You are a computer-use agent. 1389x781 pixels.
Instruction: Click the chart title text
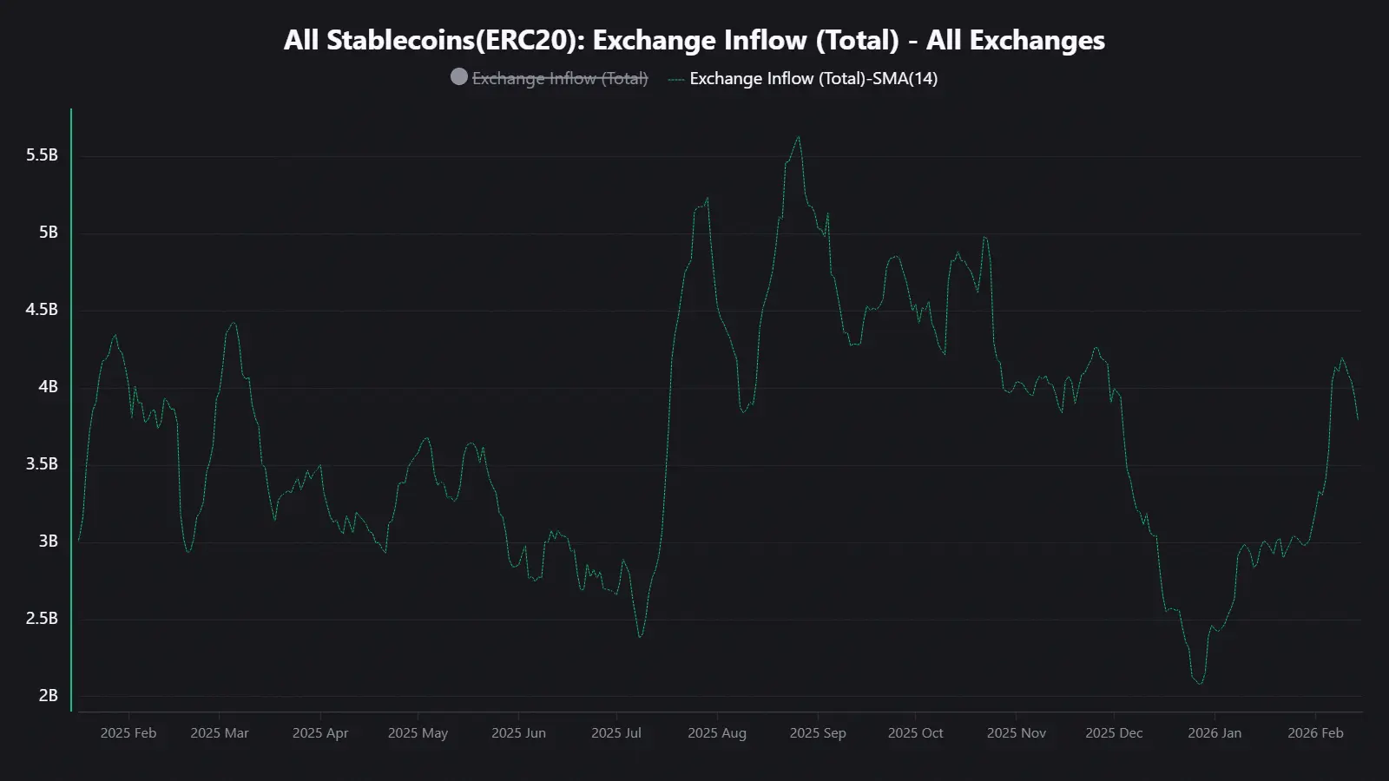coord(694,40)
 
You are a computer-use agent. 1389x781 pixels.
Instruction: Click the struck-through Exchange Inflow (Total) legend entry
coord(560,78)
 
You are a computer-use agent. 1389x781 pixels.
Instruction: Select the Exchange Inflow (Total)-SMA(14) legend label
coord(813,78)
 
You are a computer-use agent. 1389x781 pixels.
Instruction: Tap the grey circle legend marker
coord(459,77)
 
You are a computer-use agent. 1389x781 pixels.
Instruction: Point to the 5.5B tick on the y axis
coord(42,155)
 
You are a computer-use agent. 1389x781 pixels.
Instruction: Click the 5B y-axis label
coord(49,233)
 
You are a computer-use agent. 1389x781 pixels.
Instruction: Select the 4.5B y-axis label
coord(42,310)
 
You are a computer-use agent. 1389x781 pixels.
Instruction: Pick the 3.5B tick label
coord(42,464)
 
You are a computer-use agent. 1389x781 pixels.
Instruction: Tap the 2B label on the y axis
coord(49,696)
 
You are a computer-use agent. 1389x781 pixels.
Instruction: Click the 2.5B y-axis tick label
coord(42,619)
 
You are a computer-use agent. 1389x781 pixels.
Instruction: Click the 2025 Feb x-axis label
coord(128,733)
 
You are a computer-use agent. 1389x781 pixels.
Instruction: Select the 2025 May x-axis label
coord(418,733)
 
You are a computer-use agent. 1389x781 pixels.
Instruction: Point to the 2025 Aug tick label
coord(717,733)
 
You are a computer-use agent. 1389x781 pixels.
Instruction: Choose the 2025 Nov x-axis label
coord(1016,733)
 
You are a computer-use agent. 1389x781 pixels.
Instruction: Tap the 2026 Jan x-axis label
coord(1215,733)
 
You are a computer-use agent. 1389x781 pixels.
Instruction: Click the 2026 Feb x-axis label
coord(1315,733)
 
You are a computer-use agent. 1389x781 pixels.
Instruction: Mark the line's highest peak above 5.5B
coord(799,136)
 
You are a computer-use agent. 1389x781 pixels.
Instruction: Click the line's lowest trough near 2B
coord(1201,684)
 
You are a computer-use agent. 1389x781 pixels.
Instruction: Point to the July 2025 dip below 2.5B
coord(641,637)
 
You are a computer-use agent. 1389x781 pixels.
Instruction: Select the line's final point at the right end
coord(1358,419)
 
